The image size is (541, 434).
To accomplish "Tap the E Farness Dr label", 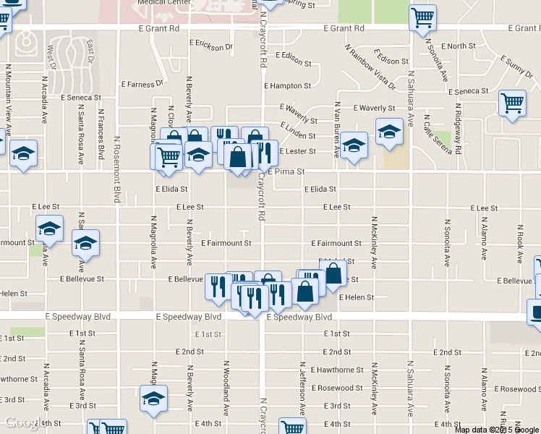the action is (x=142, y=85).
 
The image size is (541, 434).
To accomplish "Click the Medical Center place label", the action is (x=158, y=3).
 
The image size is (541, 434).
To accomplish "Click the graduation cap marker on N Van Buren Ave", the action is (x=354, y=147).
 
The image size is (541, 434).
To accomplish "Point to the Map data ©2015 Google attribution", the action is (x=497, y=430).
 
